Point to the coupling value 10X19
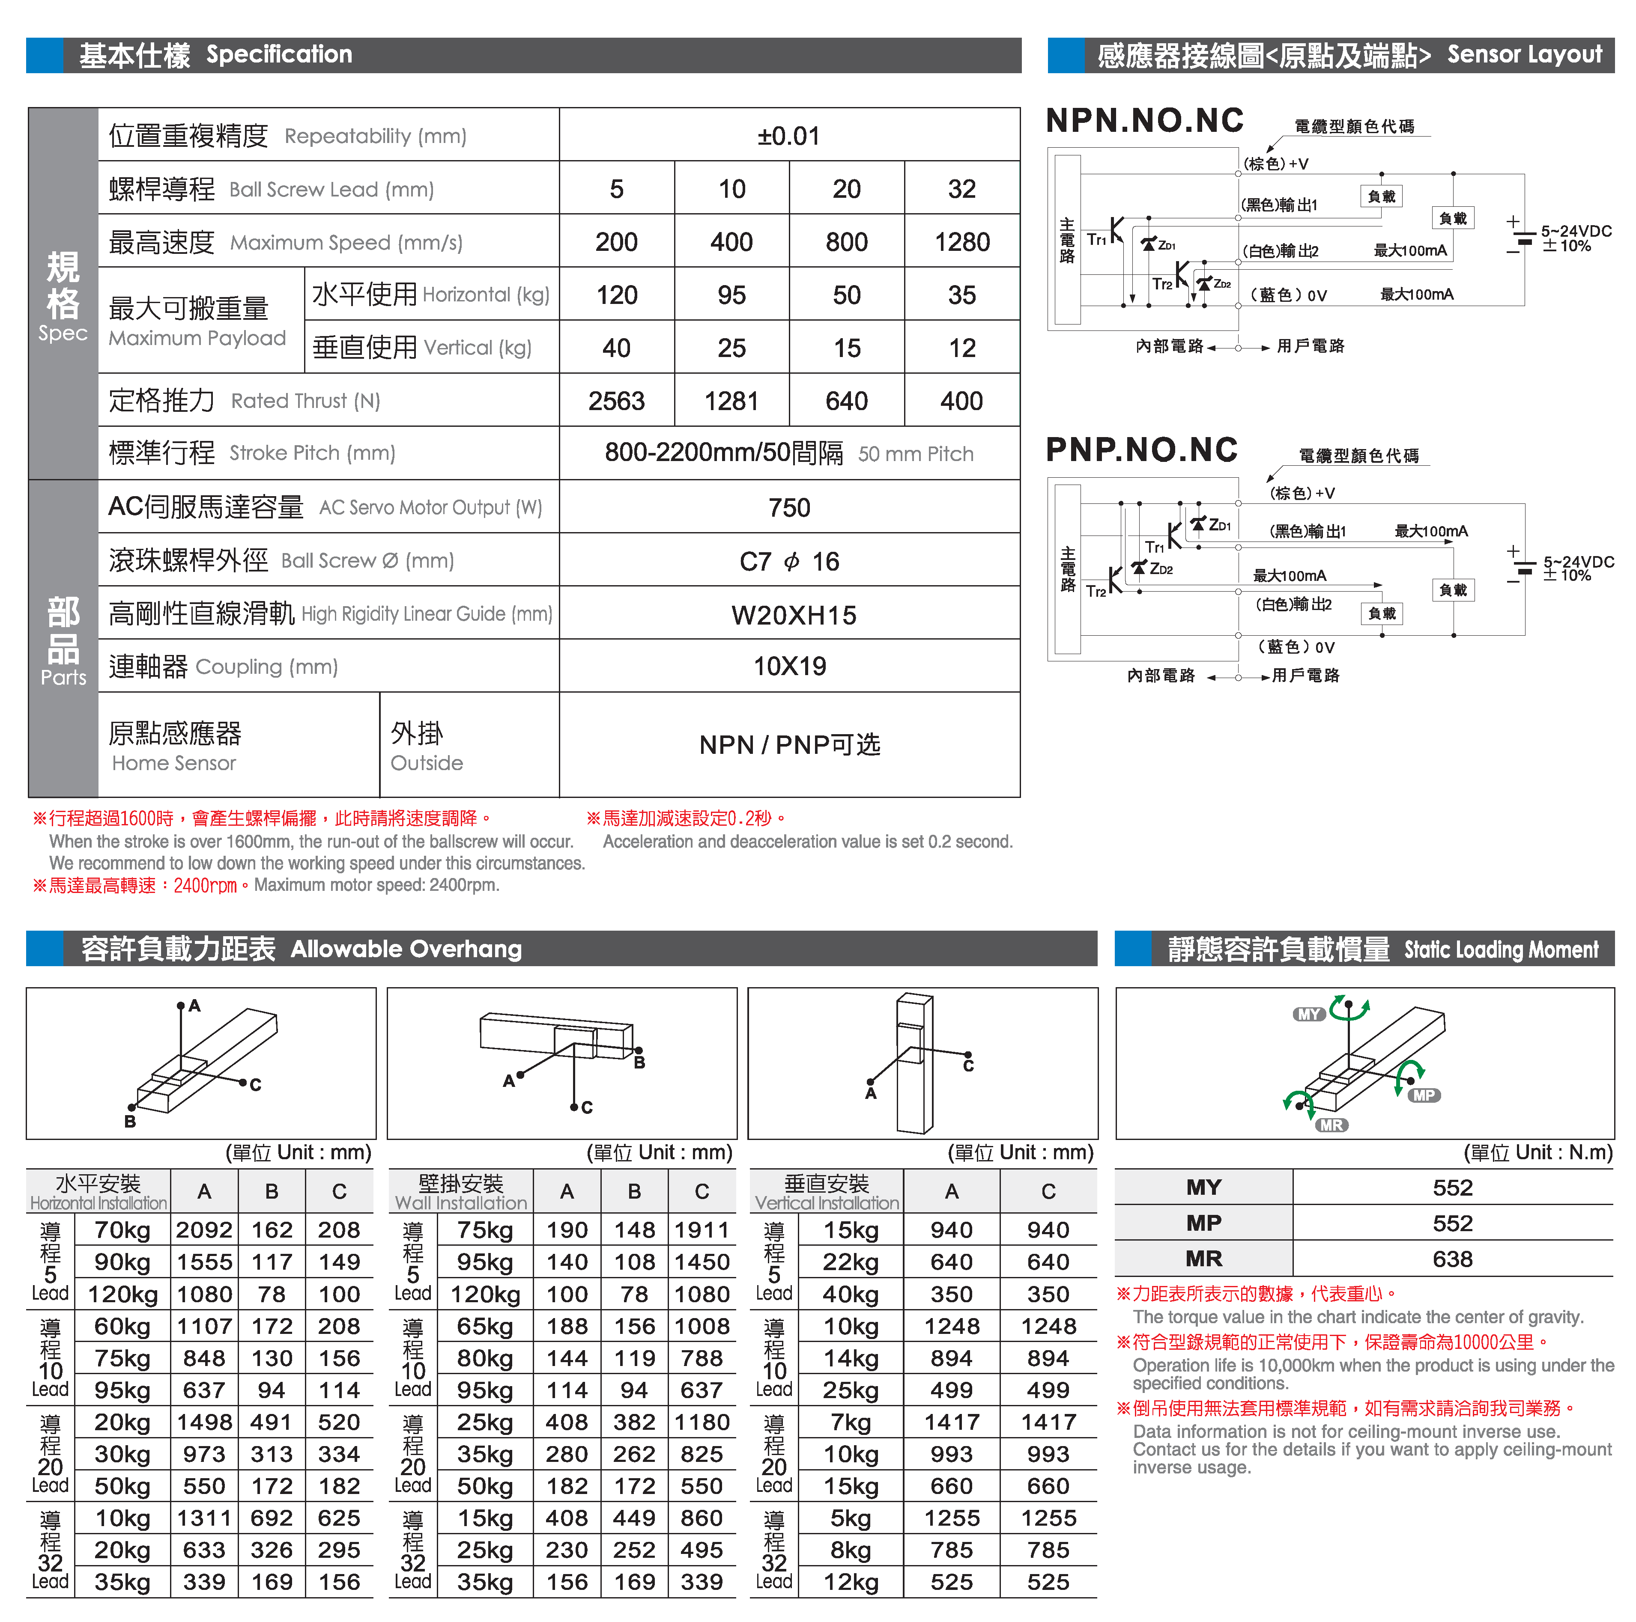(x=789, y=666)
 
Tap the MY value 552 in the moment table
(x=1452, y=1188)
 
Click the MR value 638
(x=1452, y=1259)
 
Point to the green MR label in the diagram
(x=1331, y=1125)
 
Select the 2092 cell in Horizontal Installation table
(x=204, y=1230)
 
